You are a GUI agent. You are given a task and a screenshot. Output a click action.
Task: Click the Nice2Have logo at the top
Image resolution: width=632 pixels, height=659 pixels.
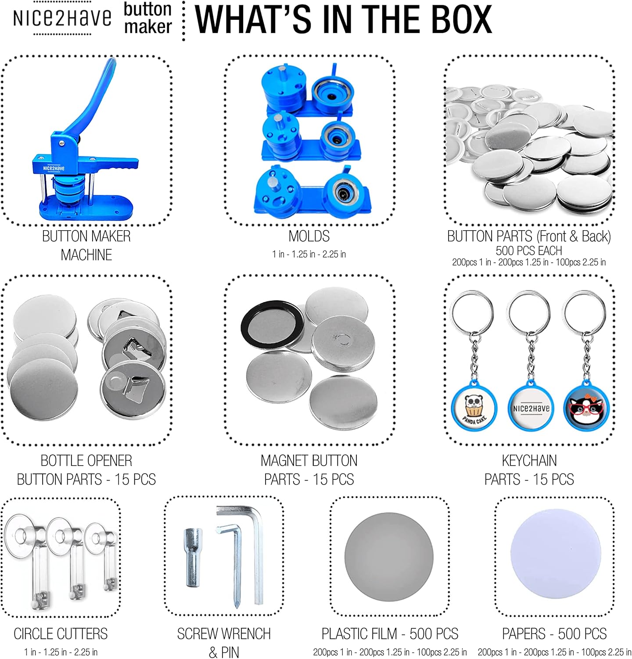pyautogui.click(x=62, y=18)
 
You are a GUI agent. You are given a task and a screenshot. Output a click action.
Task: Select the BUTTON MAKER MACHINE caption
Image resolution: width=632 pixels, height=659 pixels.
pyautogui.click(x=86, y=245)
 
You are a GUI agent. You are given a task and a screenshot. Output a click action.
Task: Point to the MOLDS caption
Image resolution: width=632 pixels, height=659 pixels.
pyautogui.click(x=309, y=236)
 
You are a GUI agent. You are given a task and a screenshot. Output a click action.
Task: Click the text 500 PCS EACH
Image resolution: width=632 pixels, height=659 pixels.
pyautogui.click(x=529, y=250)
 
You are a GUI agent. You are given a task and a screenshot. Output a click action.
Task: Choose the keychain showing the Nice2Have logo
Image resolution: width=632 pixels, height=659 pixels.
pyautogui.click(x=530, y=360)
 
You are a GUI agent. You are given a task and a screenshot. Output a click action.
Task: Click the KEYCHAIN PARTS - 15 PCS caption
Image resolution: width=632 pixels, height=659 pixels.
pyautogui.click(x=529, y=470)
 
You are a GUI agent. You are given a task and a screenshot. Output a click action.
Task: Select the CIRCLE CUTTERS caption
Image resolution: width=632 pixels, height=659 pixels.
pyautogui.click(x=61, y=634)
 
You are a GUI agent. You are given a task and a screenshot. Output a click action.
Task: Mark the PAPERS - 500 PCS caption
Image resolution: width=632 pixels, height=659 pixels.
pyautogui.click(x=554, y=634)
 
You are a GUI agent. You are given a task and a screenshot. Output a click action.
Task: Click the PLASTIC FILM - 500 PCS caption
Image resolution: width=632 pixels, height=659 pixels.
pyautogui.click(x=390, y=634)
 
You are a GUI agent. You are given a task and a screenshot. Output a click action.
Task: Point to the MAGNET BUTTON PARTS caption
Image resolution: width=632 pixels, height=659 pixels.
pyautogui.click(x=309, y=470)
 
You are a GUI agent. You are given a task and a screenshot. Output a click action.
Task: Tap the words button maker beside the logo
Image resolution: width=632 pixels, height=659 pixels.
pyautogui.click(x=147, y=18)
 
